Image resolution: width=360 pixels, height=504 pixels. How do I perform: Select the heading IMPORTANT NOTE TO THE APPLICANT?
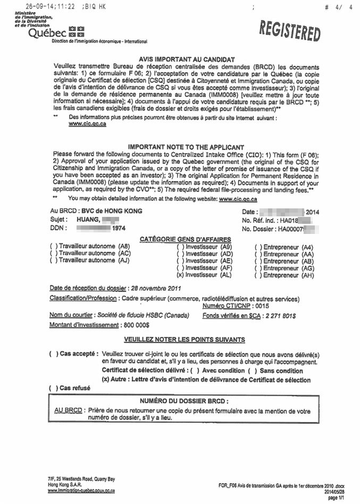[186, 147]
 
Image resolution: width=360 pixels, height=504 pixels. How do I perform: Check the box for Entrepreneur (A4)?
[257, 247]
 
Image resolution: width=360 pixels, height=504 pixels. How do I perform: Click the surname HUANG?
[86, 219]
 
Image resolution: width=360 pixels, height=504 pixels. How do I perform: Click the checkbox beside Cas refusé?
[53, 388]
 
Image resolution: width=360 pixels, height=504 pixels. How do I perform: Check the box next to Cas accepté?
[53, 354]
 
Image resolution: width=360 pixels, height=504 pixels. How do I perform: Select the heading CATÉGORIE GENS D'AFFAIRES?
[185, 239]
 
